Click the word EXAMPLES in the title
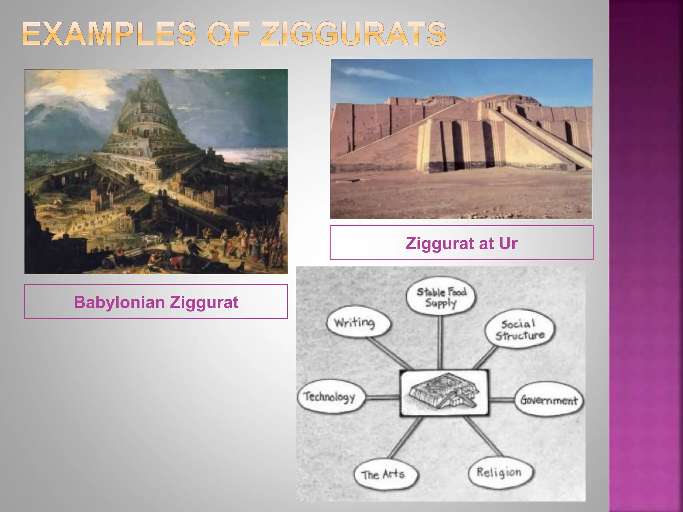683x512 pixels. (110, 34)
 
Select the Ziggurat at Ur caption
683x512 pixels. (461, 243)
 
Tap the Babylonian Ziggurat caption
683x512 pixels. (156, 302)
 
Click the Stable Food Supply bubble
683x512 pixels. (441, 297)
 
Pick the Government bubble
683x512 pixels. (549, 399)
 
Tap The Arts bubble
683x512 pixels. (384, 474)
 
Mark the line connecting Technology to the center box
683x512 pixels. (383, 397)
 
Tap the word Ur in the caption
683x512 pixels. (508, 243)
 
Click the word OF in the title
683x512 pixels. (229, 34)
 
